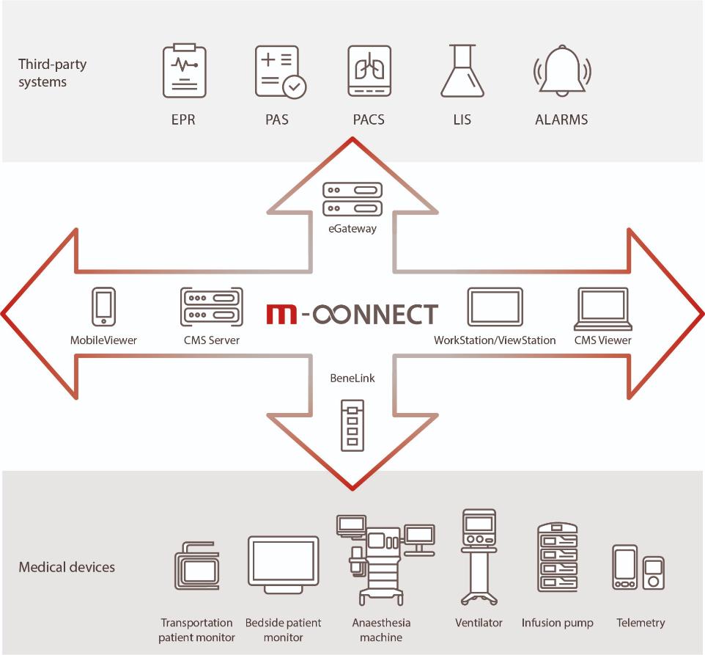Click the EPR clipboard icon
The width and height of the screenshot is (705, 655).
184,71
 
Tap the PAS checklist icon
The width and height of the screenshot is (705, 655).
279,71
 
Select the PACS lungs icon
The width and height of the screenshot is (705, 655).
369,71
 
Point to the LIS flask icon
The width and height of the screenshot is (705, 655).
462,71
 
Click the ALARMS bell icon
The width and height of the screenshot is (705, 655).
562,71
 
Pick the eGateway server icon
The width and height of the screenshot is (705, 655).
352,200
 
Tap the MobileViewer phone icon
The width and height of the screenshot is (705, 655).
103,307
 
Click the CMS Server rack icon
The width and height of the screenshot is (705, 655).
211,307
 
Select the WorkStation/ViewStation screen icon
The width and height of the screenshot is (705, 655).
495,307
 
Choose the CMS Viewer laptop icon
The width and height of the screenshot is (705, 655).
602,307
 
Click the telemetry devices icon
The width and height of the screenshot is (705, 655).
638,567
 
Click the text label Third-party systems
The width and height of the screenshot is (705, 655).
53,73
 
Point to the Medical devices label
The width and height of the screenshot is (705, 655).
67,567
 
